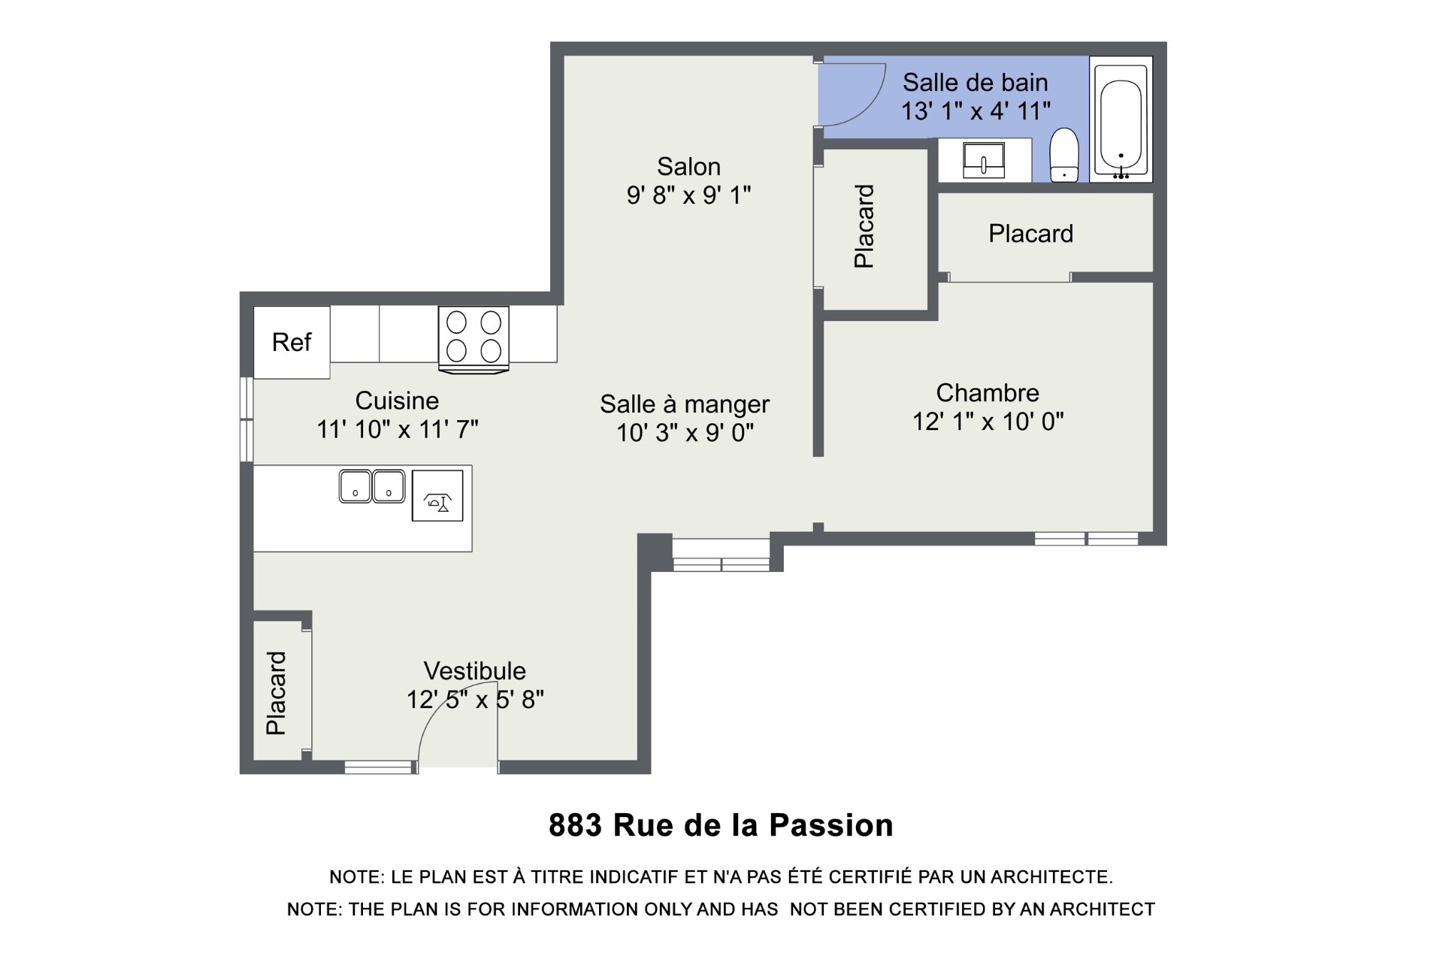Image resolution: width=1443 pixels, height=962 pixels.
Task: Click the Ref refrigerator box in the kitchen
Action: (292, 342)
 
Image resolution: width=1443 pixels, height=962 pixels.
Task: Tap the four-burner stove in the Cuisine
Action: (473, 339)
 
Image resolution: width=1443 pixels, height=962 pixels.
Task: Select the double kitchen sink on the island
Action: (372, 486)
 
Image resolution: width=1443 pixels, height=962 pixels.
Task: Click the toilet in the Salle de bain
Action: (1064, 155)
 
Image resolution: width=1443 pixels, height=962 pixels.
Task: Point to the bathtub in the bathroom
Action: (1121, 119)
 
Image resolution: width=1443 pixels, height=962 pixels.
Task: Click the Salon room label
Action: (688, 166)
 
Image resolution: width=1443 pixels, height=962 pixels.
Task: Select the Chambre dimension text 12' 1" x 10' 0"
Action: (988, 422)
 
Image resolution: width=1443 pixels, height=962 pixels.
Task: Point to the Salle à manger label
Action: (685, 404)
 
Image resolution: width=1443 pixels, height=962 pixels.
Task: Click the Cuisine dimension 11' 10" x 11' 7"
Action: (398, 429)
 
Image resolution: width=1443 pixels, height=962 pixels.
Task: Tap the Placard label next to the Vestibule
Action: (277, 693)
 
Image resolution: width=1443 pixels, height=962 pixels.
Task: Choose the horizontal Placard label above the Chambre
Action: (1030, 234)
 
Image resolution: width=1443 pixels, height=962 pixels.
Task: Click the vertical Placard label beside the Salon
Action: (864, 226)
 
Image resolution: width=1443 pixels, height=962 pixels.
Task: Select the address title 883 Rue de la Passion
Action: (721, 825)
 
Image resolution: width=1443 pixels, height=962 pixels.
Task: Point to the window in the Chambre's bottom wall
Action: (1087, 538)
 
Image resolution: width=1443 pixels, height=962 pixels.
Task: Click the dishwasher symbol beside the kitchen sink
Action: (437, 496)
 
